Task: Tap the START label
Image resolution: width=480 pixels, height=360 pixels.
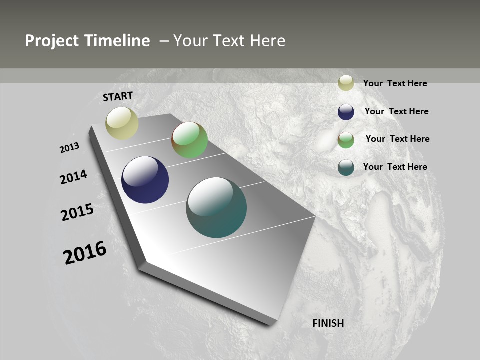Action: click(118, 96)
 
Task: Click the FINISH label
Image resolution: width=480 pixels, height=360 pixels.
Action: click(328, 323)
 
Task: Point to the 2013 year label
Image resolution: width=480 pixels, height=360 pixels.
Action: click(70, 148)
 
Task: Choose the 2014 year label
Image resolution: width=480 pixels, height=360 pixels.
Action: click(74, 177)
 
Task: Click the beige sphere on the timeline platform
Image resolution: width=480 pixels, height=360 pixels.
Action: click(122, 123)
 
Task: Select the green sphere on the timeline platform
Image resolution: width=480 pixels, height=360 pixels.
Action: click(189, 140)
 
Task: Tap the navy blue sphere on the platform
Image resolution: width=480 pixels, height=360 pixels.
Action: click(145, 180)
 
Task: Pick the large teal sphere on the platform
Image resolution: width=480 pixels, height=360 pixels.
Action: click(216, 207)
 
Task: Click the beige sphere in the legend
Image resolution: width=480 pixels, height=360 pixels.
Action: click(346, 83)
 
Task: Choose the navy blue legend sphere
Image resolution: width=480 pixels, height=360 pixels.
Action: click(346, 111)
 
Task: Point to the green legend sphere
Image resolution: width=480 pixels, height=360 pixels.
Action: click(346, 140)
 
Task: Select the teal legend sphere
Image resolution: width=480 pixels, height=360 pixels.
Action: click(346, 167)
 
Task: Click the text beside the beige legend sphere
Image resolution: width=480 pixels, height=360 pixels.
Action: click(395, 83)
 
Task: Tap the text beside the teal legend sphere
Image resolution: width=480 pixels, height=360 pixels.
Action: click(395, 167)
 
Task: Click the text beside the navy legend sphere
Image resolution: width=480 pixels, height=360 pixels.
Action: click(396, 111)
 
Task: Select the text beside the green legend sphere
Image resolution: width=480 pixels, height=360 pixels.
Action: click(397, 139)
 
